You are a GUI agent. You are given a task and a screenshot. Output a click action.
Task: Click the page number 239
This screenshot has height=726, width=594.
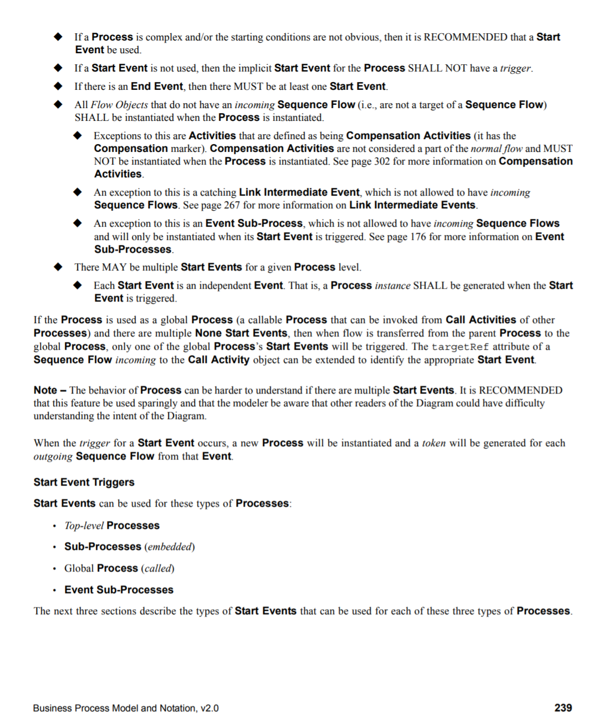click(x=563, y=708)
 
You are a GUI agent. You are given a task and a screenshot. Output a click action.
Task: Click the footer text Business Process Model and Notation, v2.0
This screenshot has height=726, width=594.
click(x=126, y=708)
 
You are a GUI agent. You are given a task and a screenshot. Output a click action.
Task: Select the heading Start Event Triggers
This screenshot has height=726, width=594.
click(x=84, y=482)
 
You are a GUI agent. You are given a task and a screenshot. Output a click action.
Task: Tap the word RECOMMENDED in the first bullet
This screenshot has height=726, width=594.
click(x=465, y=37)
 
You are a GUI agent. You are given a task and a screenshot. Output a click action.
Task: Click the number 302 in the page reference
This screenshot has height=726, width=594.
click(x=382, y=161)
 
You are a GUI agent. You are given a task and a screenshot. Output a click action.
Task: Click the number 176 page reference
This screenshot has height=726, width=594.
click(x=418, y=237)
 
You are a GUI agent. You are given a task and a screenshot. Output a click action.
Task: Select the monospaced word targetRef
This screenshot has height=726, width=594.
click(x=460, y=347)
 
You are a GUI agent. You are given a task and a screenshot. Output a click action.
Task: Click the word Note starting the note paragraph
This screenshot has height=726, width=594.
click(x=45, y=390)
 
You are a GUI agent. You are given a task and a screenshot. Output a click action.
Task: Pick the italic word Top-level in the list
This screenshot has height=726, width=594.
click(x=84, y=525)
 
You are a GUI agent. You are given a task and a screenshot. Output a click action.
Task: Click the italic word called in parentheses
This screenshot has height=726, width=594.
click(x=158, y=569)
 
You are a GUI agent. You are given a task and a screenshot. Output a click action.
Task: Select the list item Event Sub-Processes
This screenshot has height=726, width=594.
click(x=119, y=590)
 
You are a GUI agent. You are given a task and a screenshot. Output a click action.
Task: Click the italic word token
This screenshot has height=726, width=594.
click(x=433, y=443)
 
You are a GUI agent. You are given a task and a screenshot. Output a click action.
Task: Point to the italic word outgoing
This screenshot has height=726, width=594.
click(x=53, y=457)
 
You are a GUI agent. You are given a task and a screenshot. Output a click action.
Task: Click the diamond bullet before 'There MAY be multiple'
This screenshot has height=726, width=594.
click(x=58, y=267)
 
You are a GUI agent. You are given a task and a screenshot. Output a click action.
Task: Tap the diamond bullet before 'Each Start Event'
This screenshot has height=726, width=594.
click(x=78, y=285)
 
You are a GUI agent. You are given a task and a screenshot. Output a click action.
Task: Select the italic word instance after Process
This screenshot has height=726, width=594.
click(x=392, y=285)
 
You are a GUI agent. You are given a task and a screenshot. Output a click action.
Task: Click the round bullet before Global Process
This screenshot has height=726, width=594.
click(x=54, y=569)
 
